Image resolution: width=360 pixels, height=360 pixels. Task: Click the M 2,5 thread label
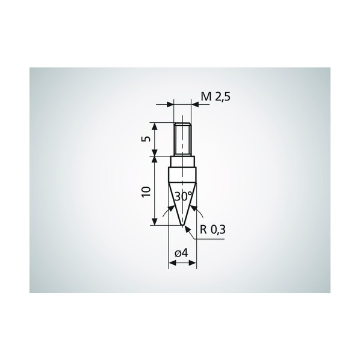coord(216,97)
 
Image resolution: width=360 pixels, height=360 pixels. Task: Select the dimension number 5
coord(147,138)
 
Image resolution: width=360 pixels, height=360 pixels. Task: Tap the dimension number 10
coord(146,191)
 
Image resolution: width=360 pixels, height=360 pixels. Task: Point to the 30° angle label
coord(183,196)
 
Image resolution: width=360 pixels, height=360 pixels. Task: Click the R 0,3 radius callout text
coord(213,229)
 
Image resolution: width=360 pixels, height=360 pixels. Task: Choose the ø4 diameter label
coord(181,253)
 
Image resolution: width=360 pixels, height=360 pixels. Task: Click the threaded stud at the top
coord(182,140)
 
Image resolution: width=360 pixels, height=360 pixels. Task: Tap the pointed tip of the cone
coord(183,225)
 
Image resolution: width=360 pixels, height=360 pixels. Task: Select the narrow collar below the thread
coord(182,161)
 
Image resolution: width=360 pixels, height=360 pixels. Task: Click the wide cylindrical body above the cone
coord(182,173)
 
